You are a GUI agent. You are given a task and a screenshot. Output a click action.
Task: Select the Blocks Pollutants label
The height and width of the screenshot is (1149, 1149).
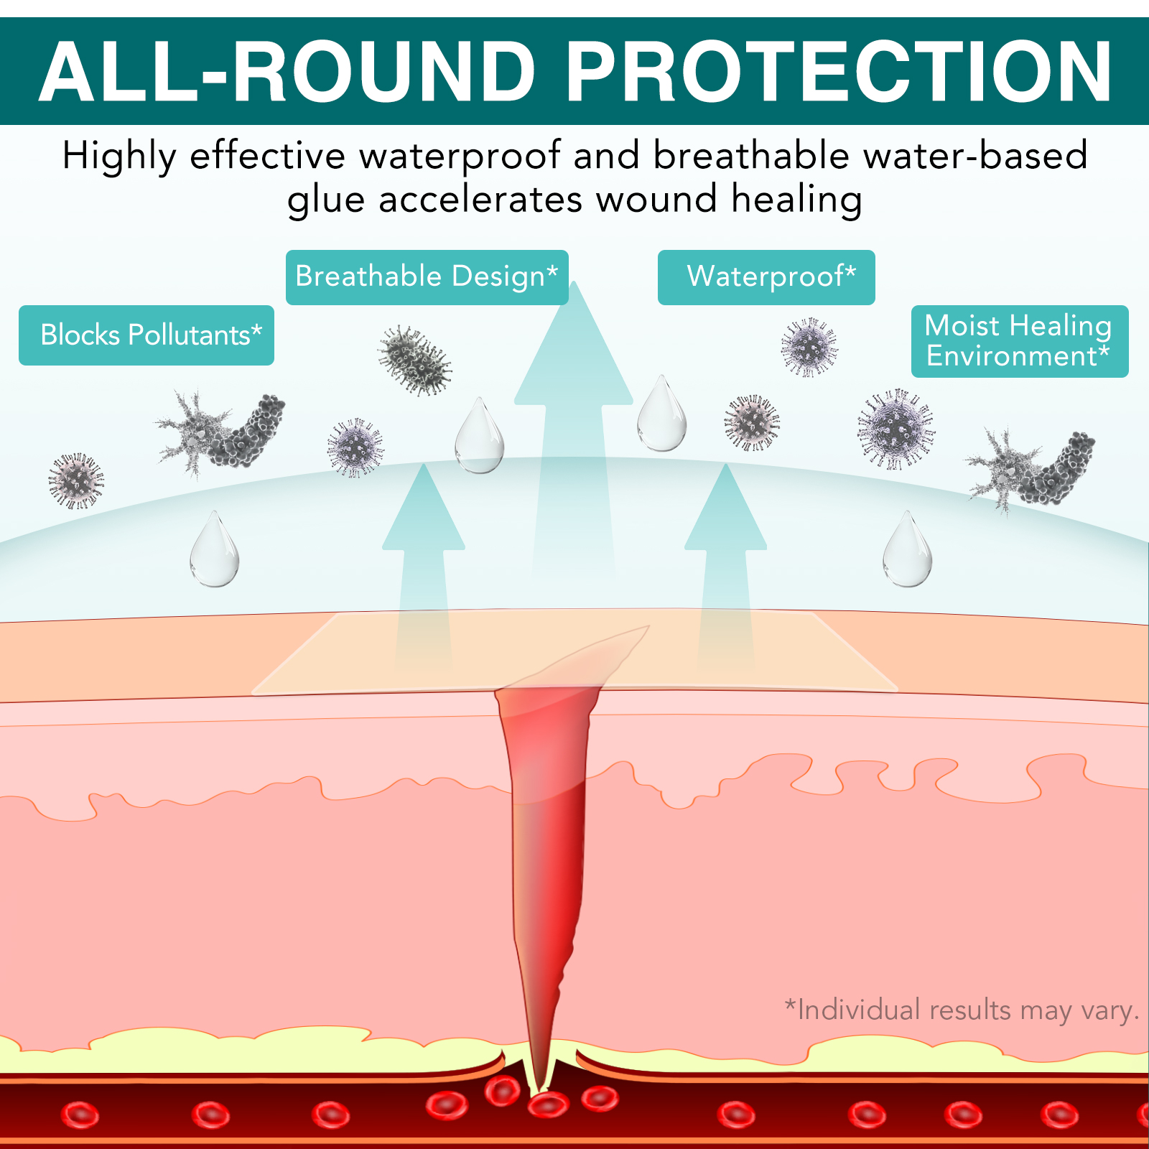pos(146,335)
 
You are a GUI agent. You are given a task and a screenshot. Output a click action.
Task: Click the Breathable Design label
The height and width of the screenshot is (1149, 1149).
pos(427,277)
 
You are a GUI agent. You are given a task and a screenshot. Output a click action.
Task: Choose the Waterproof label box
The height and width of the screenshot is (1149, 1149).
pos(766,277)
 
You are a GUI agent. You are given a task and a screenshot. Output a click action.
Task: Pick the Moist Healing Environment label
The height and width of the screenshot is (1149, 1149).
pos(1020,341)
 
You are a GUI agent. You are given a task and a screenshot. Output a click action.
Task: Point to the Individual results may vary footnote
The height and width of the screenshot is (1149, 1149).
pos(962,1010)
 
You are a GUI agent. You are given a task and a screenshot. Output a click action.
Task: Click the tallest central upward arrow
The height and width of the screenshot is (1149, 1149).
pos(574,431)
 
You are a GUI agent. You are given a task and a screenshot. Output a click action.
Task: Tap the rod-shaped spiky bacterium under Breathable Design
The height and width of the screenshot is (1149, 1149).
pos(414,360)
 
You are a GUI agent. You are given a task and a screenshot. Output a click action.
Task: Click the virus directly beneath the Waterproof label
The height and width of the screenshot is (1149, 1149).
pos(809,347)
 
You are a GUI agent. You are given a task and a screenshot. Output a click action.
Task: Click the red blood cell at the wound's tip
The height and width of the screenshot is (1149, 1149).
pos(548,1104)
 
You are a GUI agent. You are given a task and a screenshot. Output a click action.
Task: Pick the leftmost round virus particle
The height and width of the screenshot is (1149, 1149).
pos(76,480)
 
